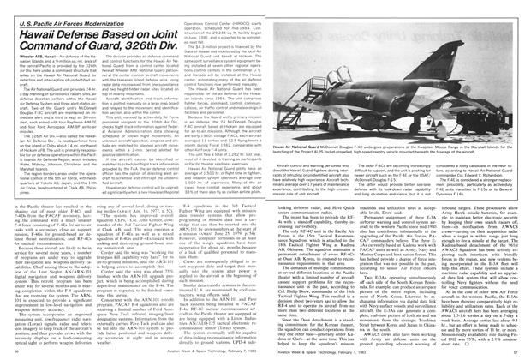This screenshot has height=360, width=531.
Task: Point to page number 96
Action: tap(12, 352)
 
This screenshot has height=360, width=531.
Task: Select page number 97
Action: tap(516, 352)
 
